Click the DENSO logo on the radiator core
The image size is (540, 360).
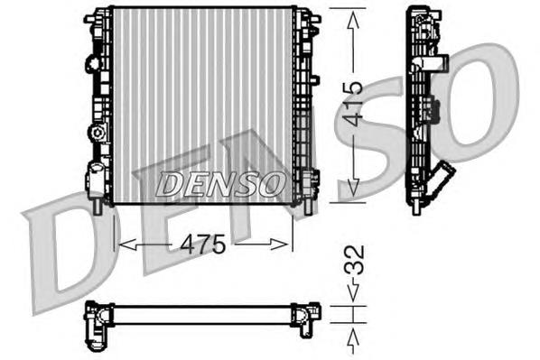pyautogui.click(x=219, y=185)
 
